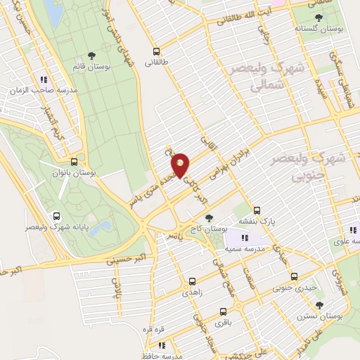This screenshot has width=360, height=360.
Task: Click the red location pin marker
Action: click(x=181, y=165)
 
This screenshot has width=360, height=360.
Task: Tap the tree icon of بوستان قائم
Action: click(x=91, y=54)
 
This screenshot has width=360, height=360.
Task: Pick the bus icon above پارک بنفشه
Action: click(x=256, y=210)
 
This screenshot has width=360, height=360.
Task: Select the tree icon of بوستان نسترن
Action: click(x=320, y=305)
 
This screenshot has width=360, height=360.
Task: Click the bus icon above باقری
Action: click(x=223, y=311)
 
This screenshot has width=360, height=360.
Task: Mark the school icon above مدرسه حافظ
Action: click(x=162, y=345)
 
